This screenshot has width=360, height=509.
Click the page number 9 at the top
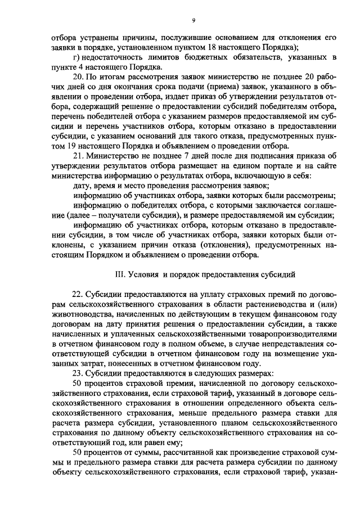193,21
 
